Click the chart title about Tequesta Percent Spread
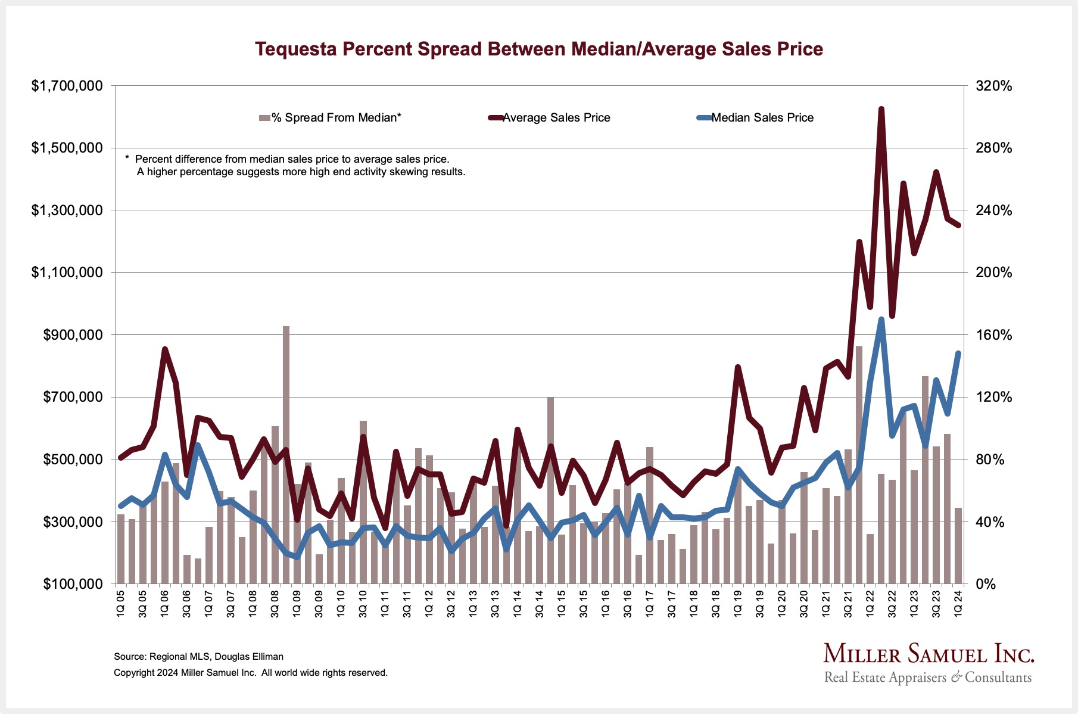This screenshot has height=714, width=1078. pos(538,49)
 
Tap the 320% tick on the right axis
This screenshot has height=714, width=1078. pos(993,86)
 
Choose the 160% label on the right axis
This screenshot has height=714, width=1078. pos(993,335)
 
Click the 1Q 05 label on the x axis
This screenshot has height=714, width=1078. pos(121,603)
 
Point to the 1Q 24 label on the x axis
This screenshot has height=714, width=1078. pos(958,603)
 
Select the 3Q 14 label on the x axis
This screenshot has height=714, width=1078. pos(540,603)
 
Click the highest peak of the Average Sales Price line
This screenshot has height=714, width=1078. pos(881,110)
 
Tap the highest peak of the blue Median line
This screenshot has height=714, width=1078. pos(881,320)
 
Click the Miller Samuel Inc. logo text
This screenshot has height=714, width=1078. pos(929,654)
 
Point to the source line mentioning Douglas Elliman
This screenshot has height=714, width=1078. pos(198,657)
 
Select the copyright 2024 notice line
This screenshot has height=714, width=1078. pos(250,673)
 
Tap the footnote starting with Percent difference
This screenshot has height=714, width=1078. pos(292,160)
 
